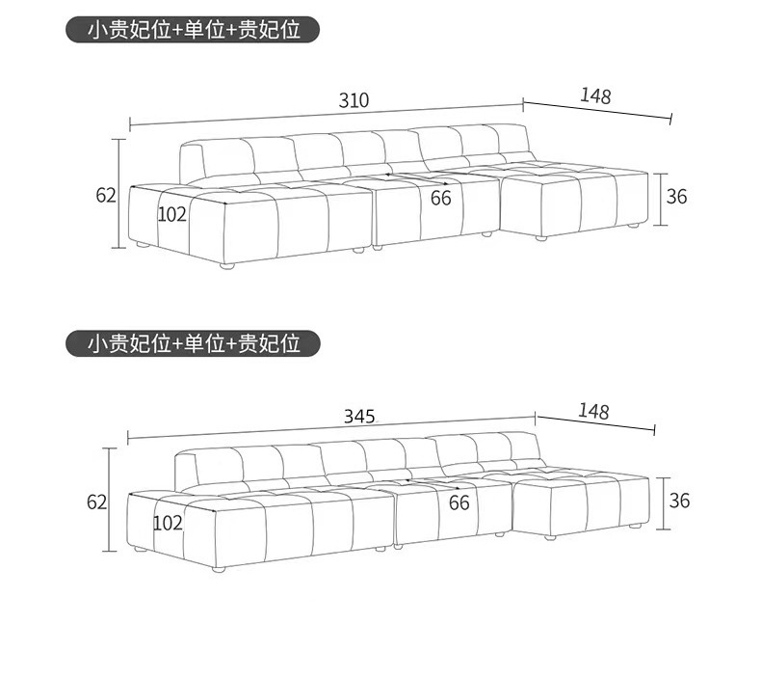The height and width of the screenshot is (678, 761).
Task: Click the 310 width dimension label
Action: coord(354,100)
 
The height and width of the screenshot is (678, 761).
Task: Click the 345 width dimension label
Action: coord(358,417)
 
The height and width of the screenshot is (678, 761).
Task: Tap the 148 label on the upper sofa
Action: coord(595,95)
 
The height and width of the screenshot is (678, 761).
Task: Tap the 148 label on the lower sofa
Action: coord(593,412)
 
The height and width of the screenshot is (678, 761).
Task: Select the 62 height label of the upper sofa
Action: coord(105,196)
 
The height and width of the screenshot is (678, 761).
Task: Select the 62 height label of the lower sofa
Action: coord(96,502)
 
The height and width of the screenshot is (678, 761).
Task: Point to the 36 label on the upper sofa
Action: coord(677,196)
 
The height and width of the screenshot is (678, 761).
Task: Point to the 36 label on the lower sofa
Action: coord(680,501)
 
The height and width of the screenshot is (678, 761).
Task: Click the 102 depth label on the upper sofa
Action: coord(171,214)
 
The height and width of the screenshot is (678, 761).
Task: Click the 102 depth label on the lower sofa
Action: coord(168,523)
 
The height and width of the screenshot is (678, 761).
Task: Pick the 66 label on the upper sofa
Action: coord(440,199)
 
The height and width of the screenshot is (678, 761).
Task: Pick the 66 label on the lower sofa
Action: coord(459,502)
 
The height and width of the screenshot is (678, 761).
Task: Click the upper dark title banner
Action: coord(193,29)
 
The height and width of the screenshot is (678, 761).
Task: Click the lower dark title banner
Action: coord(193,342)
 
